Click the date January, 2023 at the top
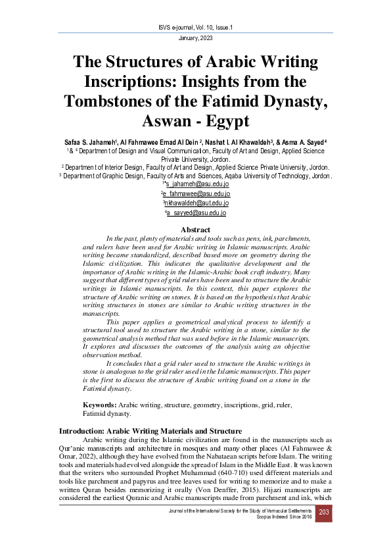tap(195, 39)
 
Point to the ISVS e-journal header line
tap(195, 27)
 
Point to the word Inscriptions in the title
tap(131, 82)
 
